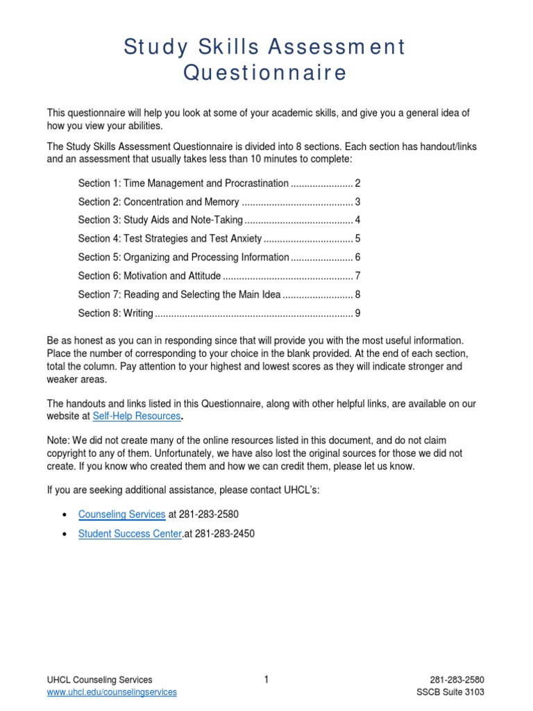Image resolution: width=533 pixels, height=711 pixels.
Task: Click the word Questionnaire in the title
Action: click(x=264, y=73)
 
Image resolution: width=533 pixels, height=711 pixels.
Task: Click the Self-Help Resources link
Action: click(x=137, y=416)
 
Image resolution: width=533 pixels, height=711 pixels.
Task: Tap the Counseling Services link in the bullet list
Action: click(x=122, y=515)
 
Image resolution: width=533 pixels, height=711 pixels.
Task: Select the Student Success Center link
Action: click(x=130, y=534)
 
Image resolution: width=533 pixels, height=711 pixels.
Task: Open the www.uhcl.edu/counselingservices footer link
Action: click(x=112, y=692)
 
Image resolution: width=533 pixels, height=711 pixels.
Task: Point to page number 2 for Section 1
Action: click(x=357, y=183)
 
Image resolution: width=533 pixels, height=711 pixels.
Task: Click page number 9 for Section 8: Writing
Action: click(x=357, y=313)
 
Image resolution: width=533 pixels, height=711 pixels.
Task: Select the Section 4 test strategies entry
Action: click(x=170, y=239)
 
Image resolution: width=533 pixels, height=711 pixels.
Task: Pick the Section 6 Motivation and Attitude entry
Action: click(x=149, y=276)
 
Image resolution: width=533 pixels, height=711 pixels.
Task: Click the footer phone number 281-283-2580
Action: click(x=457, y=680)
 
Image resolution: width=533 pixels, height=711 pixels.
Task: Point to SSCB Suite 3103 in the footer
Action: click(x=450, y=692)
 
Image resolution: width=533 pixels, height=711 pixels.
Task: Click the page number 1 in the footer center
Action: click(x=266, y=680)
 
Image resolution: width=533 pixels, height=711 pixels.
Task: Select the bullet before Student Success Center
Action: click(x=64, y=535)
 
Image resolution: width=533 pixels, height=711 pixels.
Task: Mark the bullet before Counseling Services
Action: click(x=64, y=515)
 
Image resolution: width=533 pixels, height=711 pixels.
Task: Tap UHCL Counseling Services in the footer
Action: click(x=99, y=680)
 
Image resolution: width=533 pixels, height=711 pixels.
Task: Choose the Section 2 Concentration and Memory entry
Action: click(x=159, y=202)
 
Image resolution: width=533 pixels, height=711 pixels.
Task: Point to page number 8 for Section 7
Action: click(x=357, y=294)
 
